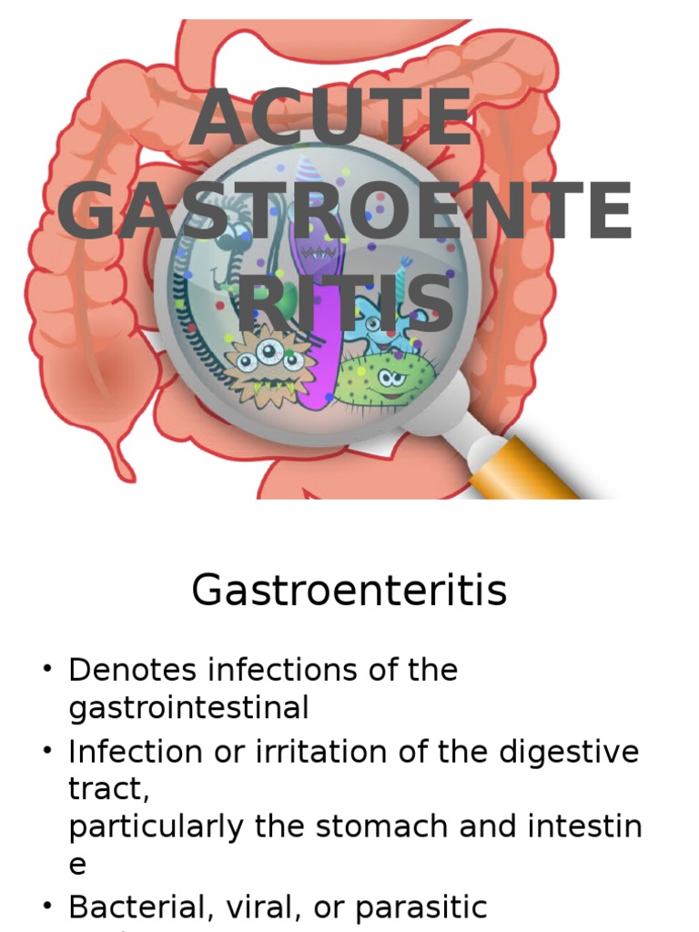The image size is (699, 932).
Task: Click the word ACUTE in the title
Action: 331,119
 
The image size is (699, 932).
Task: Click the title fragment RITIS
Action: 346,303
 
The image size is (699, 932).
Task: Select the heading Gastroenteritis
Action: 349,592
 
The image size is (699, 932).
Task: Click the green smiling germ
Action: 387,379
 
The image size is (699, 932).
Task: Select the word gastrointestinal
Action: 188,707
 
